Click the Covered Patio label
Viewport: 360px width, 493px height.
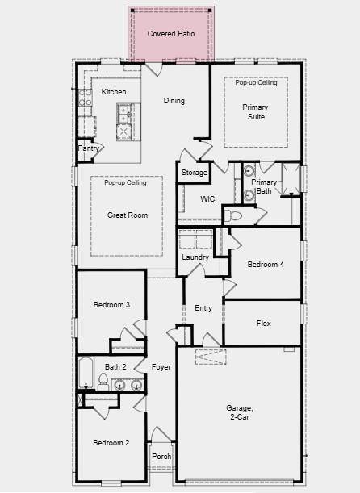point(171,34)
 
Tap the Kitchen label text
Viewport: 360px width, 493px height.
point(114,92)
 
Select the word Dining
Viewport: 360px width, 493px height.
point(174,101)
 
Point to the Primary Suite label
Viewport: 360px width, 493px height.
point(256,111)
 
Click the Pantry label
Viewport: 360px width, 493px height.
point(89,148)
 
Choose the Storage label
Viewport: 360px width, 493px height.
point(194,173)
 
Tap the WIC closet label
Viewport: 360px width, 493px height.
point(207,198)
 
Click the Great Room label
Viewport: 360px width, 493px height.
point(128,215)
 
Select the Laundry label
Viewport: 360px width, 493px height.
point(195,257)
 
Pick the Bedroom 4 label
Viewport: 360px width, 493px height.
point(265,265)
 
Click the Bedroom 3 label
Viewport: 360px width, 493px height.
point(111,304)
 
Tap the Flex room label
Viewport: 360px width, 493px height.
point(264,324)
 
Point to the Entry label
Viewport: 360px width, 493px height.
point(203,308)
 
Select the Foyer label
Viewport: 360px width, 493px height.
point(161,367)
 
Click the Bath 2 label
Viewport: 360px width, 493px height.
point(115,367)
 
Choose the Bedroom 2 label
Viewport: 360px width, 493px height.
point(111,442)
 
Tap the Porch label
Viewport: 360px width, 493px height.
point(161,456)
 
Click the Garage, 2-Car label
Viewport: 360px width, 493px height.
point(240,413)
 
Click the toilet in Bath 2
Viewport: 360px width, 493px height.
point(103,381)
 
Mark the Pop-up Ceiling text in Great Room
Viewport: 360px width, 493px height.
point(125,183)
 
